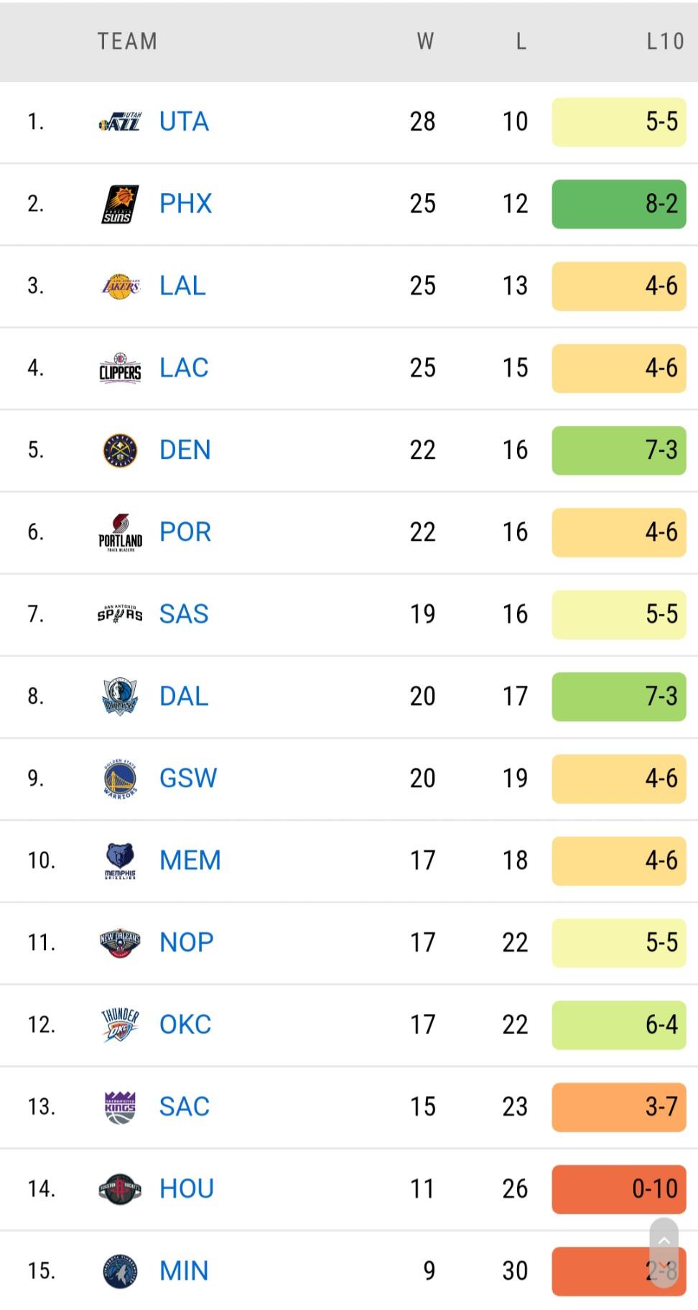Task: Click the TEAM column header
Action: tap(127, 42)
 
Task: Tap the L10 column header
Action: tap(664, 42)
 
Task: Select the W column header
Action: tap(425, 42)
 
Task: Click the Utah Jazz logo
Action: tap(120, 122)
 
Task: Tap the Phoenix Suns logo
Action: tap(120, 204)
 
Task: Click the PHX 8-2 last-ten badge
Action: tap(618, 204)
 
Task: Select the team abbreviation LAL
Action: tap(182, 286)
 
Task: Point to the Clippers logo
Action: tap(120, 368)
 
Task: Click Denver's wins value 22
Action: tap(422, 450)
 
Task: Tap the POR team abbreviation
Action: tap(185, 532)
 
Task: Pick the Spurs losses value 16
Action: tap(515, 614)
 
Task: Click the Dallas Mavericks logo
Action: tap(120, 696)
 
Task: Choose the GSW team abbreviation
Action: tap(188, 779)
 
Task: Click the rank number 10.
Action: tap(41, 860)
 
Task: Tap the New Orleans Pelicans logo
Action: tap(120, 942)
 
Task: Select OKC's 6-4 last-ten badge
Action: tap(618, 1025)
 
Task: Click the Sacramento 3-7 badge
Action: tap(618, 1107)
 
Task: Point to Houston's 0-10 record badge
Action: tap(618, 1189)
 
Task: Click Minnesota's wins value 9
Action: tap(429, 1270)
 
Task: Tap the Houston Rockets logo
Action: tap(120, 1189)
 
